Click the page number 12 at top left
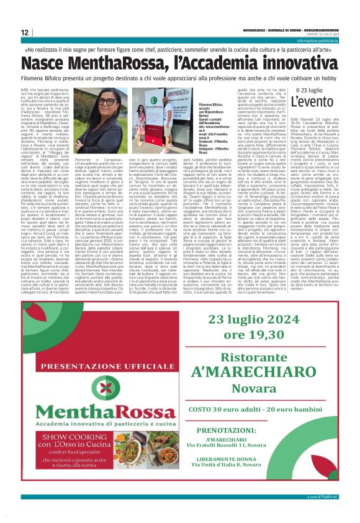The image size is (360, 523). coord(25,32)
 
